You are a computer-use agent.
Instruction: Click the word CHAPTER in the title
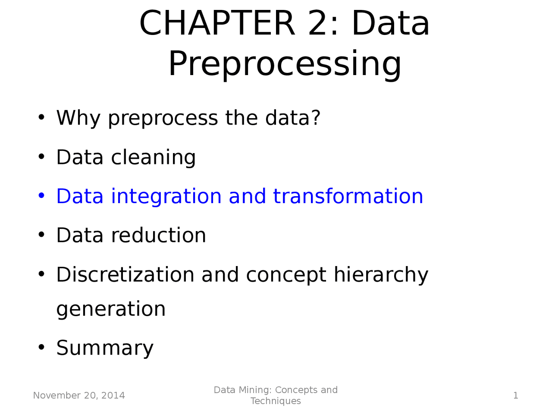click(x=217, y=23)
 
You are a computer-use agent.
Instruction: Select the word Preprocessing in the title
click(x=285, y=64)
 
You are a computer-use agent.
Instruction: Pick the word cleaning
click(x=153, y=158)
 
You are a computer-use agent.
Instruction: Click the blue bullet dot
click(x=41, y=196)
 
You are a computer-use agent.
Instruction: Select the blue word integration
click(x=166, y=197)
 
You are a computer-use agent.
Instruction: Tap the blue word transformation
click(x=348, y=196)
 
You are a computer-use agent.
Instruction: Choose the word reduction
click(x=158, y=235)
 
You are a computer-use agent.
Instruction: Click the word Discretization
click(x=125, y=275)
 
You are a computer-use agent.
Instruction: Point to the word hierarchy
click(x=381, y=276)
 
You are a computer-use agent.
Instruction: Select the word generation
click(x=111, y=310)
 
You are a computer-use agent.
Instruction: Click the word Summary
click(x=105, y=348)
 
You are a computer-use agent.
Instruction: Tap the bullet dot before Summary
click(x=41, y=347)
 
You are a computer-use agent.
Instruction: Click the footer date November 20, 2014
click(x=79, y=395)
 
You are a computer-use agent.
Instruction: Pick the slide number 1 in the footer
click(x=515, y=395)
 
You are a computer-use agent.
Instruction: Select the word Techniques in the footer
click(x=276, y=401)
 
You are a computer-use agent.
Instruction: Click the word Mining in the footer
click(x=257, y=390)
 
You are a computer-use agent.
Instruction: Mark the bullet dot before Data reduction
click(x=41, y=235)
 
